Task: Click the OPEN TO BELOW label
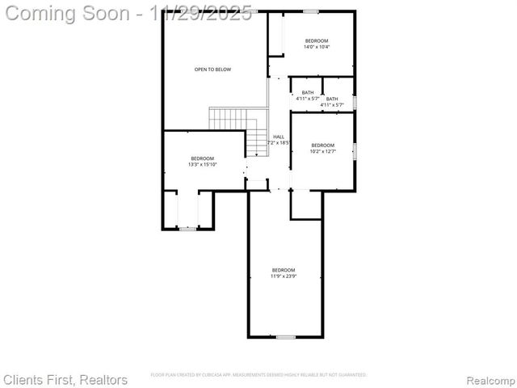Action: [212, 70]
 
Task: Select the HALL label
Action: [279, 137]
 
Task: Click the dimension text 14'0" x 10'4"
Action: [317, 47]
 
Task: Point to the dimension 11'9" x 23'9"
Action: [283, 276]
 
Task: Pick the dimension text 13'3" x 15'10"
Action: [202, 164]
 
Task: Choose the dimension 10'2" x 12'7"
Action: [322, 151]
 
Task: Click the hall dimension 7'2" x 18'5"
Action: [279, 143]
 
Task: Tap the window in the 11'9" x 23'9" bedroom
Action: [285, 336]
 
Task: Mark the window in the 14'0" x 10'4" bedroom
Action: [310, 11]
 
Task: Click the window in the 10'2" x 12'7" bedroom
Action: [355, 150]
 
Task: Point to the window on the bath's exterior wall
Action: [355, 101]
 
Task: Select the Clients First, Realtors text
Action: [65, 379]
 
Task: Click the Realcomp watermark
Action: [486, 379]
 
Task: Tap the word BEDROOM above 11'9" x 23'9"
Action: [283, 270]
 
